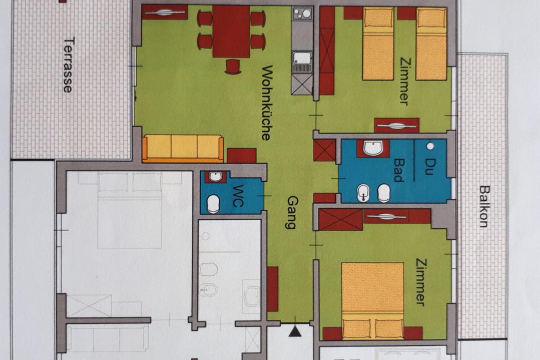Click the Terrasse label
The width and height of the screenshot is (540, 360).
(x=68, y=65)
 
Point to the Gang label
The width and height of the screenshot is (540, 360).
(x=292, y=212)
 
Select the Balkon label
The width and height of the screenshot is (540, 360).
(x=484, y=206)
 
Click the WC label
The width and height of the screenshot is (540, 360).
(x=238, y=195)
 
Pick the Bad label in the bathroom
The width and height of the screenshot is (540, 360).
(x=398, y=170)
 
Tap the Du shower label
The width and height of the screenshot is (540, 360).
(x=429, y=166)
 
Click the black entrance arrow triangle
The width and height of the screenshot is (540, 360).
(x=294, y=331)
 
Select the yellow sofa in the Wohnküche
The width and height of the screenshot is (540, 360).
(x=183, y=148)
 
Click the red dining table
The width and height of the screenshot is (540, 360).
(x=231, y=31)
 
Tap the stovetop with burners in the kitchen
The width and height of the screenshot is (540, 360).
(x=302, y=14)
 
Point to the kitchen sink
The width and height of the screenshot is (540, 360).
(x=302, y=62)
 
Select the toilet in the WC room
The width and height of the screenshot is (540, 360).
(x=213, y=204)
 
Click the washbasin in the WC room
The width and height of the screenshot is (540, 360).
(x=215, y=176)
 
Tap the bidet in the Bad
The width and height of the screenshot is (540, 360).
(x=363, y=193)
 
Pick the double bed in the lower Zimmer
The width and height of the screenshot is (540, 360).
(x=372, y=300)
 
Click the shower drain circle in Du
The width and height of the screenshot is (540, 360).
(x=430, y=146)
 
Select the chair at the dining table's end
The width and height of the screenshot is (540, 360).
(x=233, y=66)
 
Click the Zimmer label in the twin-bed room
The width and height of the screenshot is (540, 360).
(x=405, y=81)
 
